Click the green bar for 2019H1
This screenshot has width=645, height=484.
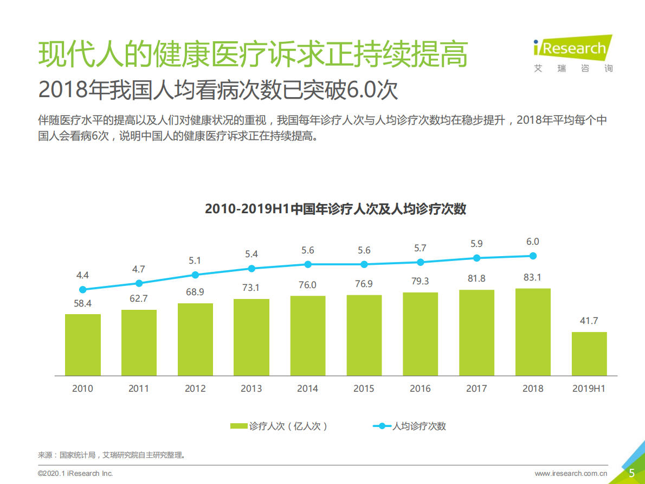[x=589, y=353]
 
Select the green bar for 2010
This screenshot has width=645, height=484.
[x=83, y=345]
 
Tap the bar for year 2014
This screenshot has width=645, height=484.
[x=308, y=335]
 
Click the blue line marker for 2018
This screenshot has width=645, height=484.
[x=533, y=256]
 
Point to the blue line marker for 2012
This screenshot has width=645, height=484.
[x=195, y=275]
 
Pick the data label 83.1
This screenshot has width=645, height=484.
[x=532, y=277]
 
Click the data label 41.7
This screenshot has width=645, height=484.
[x=589, y=321]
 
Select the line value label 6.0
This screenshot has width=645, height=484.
[x=533, y=242]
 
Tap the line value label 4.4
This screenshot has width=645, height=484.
[x=82, y=276]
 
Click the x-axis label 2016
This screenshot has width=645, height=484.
[x=420, y=389]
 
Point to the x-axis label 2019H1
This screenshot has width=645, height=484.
[x=589, y=389]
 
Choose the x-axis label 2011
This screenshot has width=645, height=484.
[x=139, y=389]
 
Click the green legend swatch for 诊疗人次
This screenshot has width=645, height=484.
[x=238, y=426]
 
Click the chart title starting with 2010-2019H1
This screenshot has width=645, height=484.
[x=335, y=209]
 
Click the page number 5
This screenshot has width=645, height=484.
[x=631, y=473]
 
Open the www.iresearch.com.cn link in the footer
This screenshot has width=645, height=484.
[x=571, y=473]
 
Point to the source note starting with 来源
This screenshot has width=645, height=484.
[x=111, y=455]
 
